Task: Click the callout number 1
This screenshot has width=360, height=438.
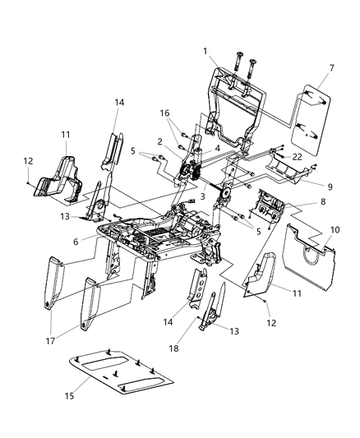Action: pos(206,51)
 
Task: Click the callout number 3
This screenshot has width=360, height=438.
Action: pos(201,196)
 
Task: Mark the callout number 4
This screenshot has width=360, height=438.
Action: pos(216,149)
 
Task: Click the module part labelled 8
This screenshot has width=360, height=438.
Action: pos(270,210)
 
